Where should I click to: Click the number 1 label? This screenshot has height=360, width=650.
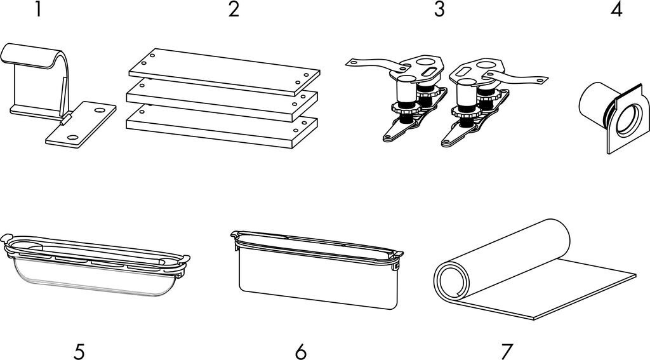pos(38,11)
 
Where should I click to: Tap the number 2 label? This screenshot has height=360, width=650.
pos(234,11)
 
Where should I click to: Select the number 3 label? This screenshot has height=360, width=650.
pos(439,11)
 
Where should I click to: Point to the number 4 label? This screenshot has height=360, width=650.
pos(616,11)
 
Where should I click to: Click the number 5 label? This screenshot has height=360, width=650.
pos(79,351)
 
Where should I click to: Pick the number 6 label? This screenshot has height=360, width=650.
pos(300,351)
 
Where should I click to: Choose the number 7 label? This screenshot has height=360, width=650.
pos(507,351)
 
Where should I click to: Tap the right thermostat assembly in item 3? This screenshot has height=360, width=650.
pos(482,95)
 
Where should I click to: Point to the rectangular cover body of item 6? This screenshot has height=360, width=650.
pos(317,283)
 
